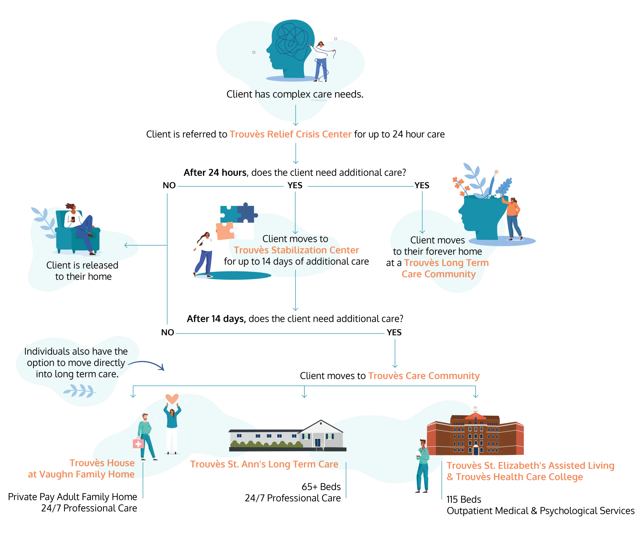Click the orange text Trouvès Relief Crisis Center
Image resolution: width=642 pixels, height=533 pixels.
[290, 134]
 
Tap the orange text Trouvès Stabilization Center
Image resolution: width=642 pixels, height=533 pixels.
[296, 250]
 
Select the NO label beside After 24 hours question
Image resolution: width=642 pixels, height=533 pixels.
[169, 185]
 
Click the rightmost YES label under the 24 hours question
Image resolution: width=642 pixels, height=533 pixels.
[422, 185]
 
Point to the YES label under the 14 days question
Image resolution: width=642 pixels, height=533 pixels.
[394, 332]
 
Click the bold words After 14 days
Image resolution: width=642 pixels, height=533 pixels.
[216, 319]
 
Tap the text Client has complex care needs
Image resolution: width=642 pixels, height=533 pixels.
[295, 94]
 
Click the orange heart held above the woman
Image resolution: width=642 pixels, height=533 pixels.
[172, 399]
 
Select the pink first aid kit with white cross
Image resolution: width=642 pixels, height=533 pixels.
[138, 443]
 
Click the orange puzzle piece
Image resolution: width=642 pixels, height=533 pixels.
[225, 231]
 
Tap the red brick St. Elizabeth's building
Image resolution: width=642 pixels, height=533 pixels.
[475, 434]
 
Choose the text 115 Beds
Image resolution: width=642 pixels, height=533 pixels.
[464, 499]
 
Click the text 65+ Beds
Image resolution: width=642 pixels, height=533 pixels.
[321, 487]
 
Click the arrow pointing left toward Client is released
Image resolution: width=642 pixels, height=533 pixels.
[145, 245]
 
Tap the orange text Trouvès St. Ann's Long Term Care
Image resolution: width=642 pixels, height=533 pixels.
[264, 464]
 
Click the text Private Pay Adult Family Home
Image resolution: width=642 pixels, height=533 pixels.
[72, 497]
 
